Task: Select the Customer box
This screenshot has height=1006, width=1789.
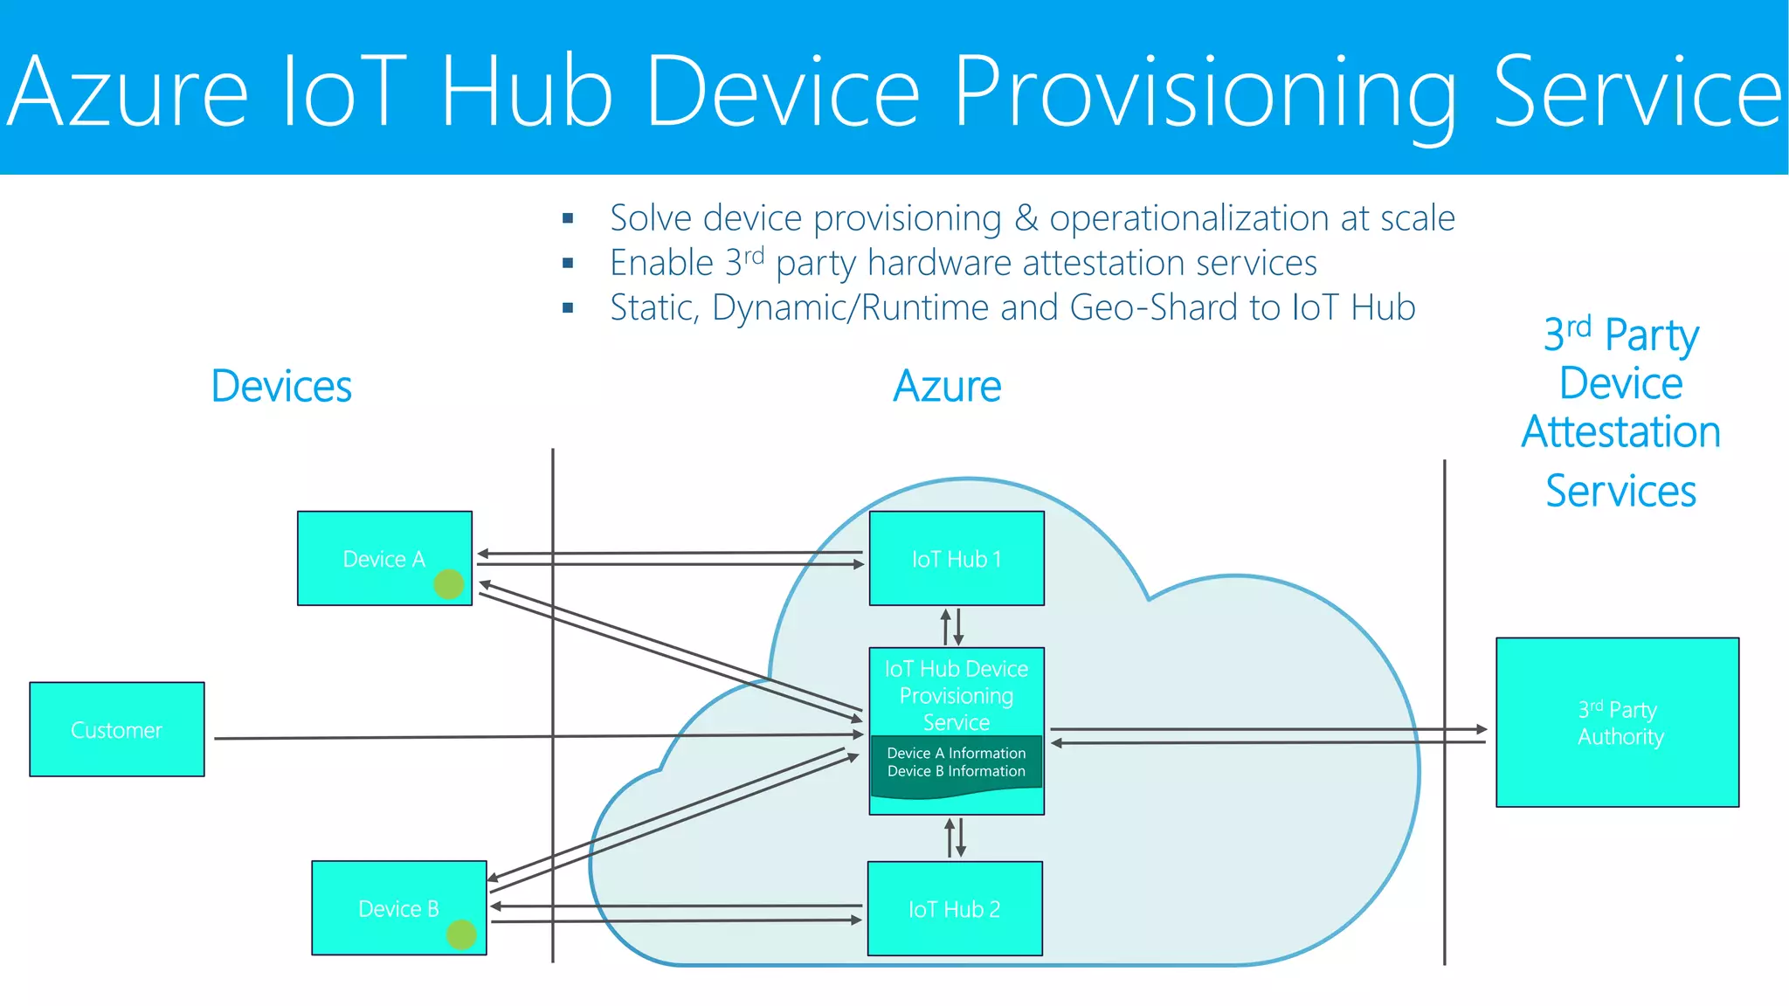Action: [x=117, y=729]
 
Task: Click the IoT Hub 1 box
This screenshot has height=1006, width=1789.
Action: [x=957, y=558]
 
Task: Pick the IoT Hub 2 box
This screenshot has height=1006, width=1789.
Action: [x=955, y=908]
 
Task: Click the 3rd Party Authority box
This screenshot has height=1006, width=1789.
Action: [x=1617, y=722]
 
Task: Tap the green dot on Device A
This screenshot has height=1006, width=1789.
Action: [x=449, y=583]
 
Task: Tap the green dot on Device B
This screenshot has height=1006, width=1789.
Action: [x=461, y=934]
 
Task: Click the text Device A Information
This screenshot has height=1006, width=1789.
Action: [x=956, y=753]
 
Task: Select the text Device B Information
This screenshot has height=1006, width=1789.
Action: [x=956, y=771]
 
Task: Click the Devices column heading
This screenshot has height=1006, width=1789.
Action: [x=281, y=386]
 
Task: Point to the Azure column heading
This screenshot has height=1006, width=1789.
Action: [x=947, y=386]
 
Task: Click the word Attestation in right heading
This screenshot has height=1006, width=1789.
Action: [x=1620, y=432]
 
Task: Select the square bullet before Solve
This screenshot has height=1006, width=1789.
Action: [x=568, y=218]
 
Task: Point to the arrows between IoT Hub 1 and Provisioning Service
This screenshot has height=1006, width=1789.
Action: [x=952, y=626]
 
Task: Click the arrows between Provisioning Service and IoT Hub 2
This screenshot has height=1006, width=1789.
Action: [x=955, y=837]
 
